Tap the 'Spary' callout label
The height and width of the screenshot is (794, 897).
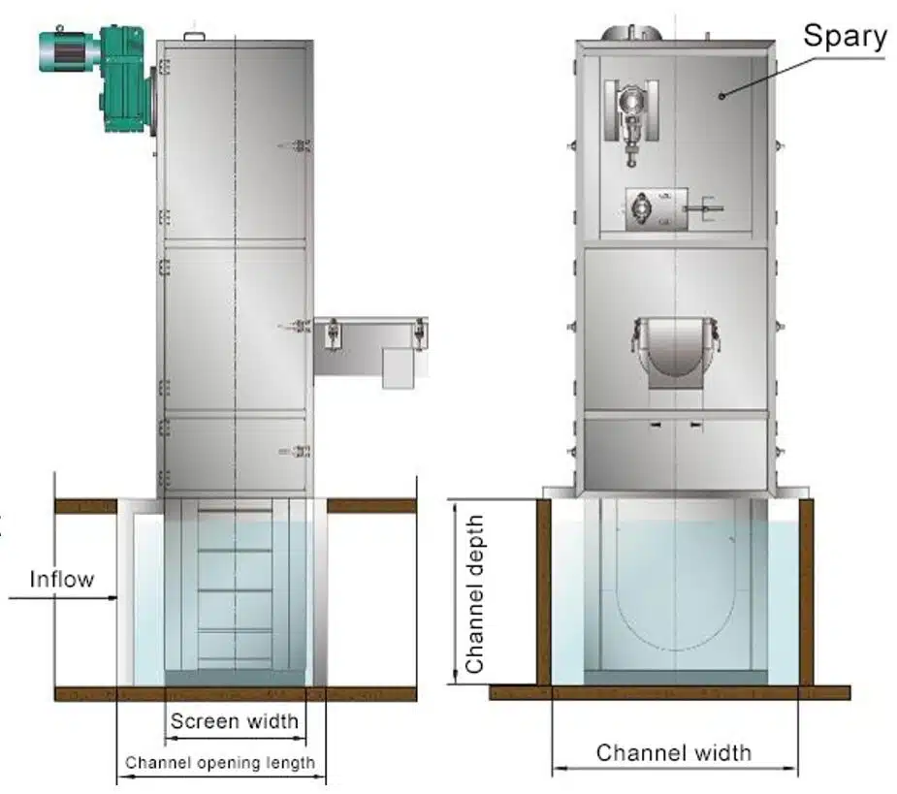click(845, 37)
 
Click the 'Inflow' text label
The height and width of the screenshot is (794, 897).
click(62, 579)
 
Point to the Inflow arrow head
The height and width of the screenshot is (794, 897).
click(112, 598)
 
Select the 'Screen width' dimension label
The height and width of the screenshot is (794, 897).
click(235, 720)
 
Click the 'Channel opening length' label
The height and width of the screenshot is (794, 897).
click(220, 763)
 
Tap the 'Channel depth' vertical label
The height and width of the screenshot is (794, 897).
click(475, 593)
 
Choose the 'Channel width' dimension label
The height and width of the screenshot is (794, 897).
click(674, 753)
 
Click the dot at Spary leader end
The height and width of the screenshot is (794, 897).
click(721, 96)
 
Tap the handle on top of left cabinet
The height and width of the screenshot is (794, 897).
click(194, 37)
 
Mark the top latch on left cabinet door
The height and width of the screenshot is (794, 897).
click(295, 145)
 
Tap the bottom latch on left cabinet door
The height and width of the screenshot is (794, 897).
click(295, 452)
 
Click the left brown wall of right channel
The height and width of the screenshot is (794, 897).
click(543, 592)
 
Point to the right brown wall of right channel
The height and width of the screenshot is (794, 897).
click(806, 592)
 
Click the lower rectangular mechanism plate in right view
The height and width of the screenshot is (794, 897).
click(657, 209)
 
